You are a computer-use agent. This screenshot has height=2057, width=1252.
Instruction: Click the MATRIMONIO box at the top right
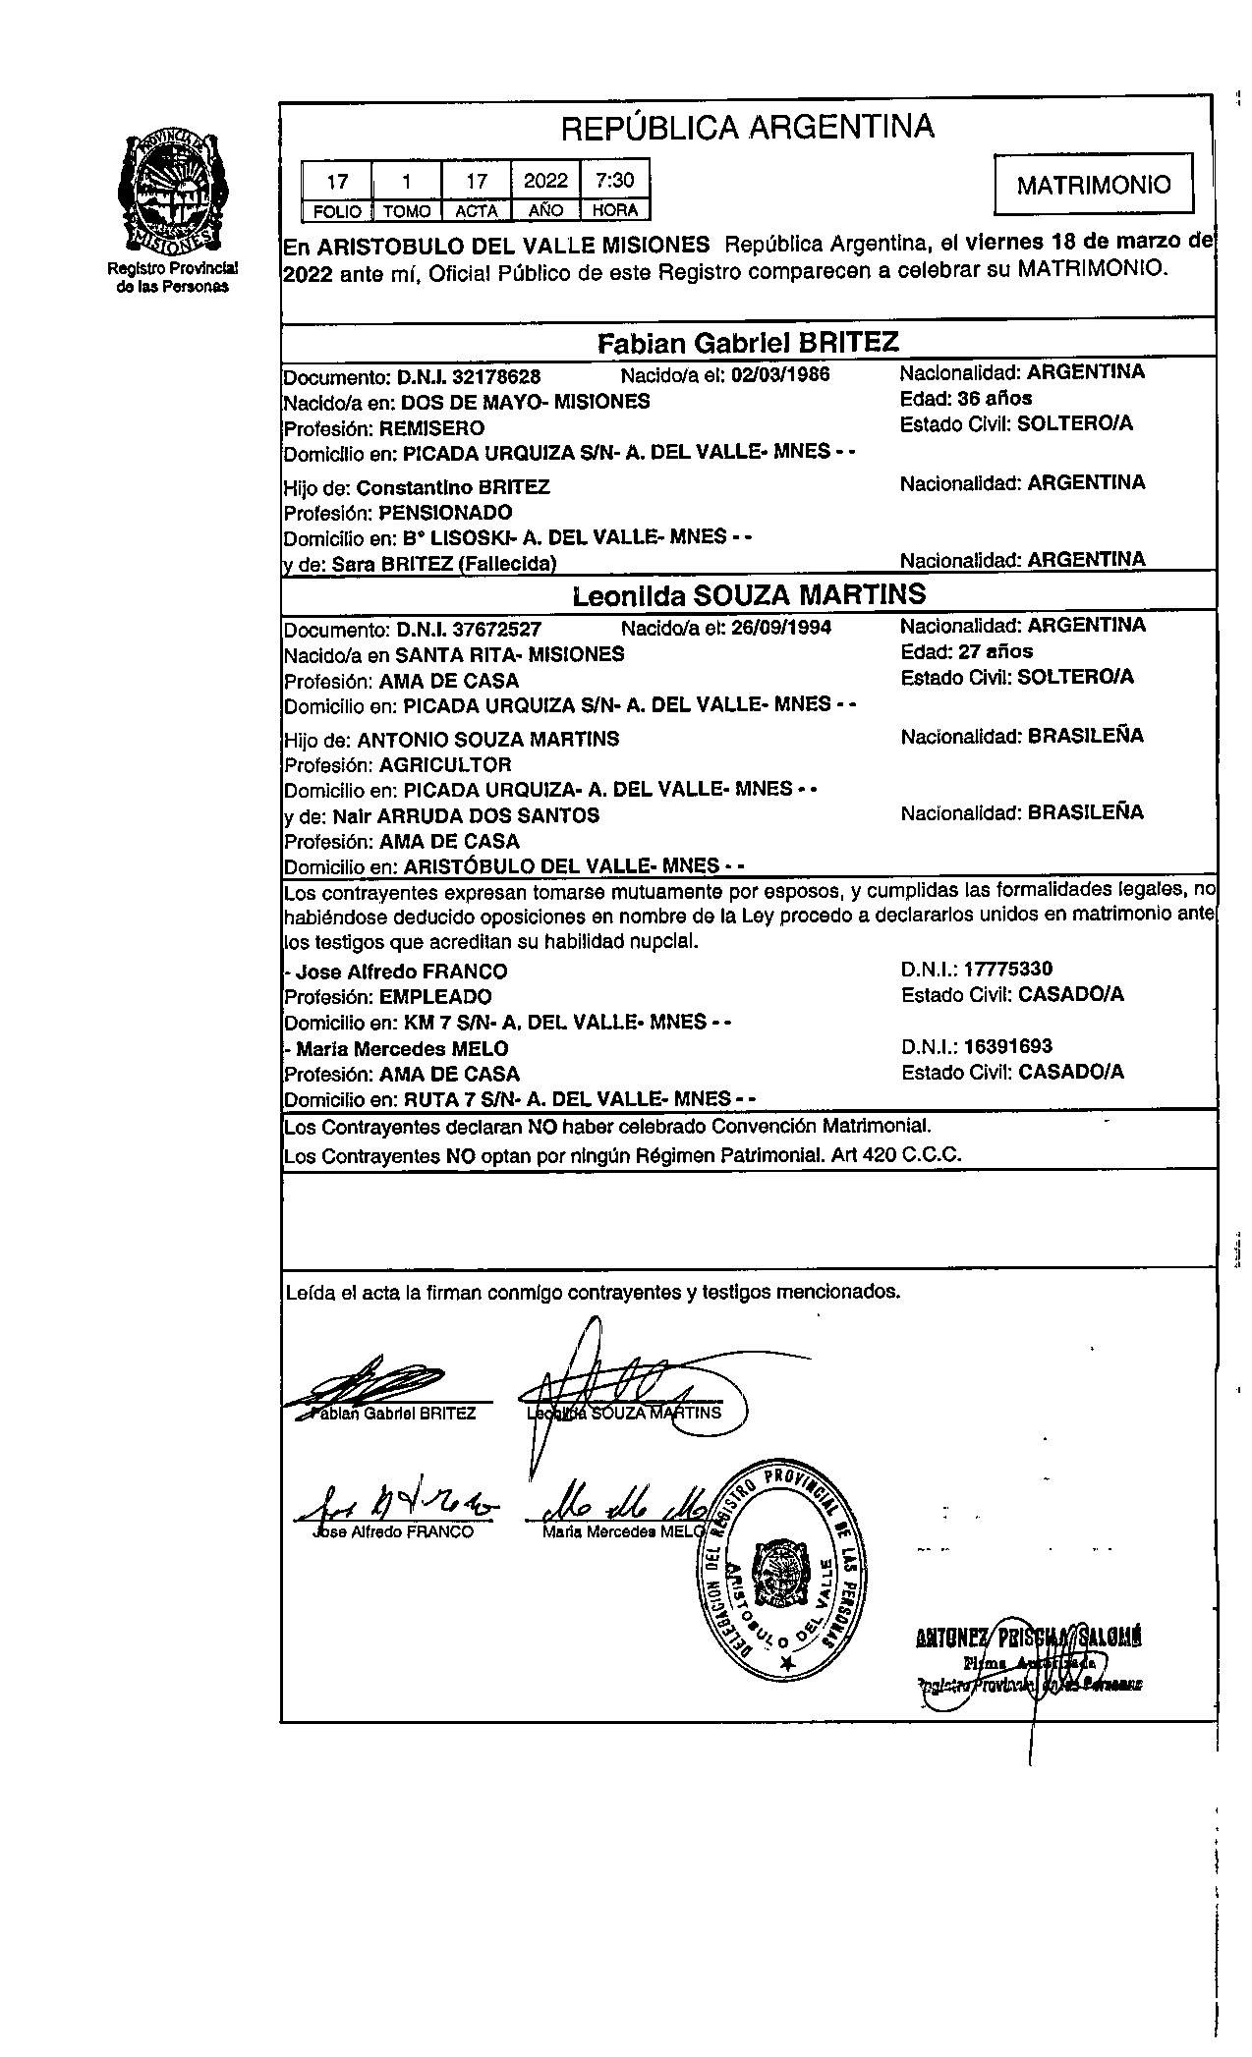pos(1093,184)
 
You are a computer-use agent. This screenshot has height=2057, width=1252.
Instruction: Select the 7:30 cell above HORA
pos(614,181)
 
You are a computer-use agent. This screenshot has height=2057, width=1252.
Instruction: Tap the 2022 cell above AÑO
pos(545,181)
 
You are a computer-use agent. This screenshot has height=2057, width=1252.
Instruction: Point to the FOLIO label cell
pos(337,210)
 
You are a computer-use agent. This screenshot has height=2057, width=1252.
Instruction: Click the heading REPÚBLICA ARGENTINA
pos(747,127)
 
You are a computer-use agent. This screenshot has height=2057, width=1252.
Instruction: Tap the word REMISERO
pos(431,428)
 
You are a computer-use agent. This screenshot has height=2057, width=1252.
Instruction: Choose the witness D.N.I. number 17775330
pos(1007,970)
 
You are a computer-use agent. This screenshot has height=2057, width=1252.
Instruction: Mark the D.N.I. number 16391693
pos(1007,1046)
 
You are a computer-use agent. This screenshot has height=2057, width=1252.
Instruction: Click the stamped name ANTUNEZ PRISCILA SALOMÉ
pos(1027,1638)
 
